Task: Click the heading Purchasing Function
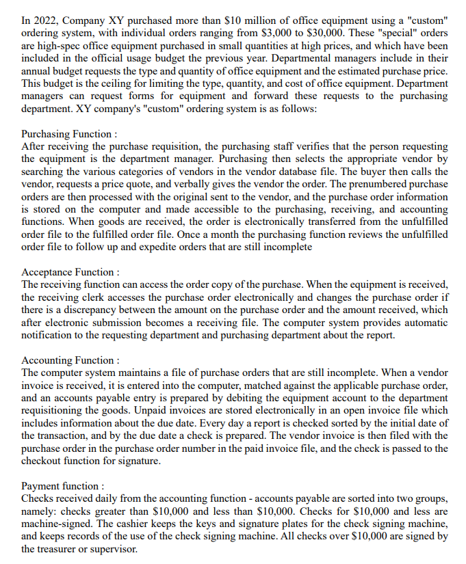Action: [69, 134]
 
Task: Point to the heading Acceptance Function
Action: [70, 272]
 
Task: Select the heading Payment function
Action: [63, 485]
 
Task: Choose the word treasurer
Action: [48, 548]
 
